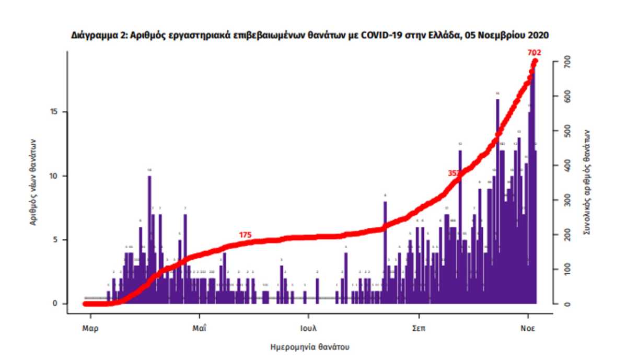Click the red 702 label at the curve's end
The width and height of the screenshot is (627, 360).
(x=534, y=53)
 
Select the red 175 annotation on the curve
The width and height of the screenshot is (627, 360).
(x=246, y=235)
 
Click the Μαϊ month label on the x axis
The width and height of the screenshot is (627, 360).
(x=199, y=329)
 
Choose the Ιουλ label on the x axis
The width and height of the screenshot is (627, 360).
(x=308, y=329)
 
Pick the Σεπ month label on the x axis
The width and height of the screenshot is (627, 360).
(x=418, y=329)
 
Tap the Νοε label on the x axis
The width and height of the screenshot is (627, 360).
(x=528, y=329)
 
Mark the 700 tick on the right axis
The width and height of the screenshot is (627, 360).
(x=566, y=63)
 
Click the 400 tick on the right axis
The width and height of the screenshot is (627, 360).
(x=566, y=166)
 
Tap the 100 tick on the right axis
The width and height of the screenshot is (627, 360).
(x=566, y=270)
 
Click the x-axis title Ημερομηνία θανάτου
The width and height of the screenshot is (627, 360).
(x=310, y=346)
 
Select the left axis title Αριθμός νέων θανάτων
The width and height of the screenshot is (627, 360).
(x=32, y=182)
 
